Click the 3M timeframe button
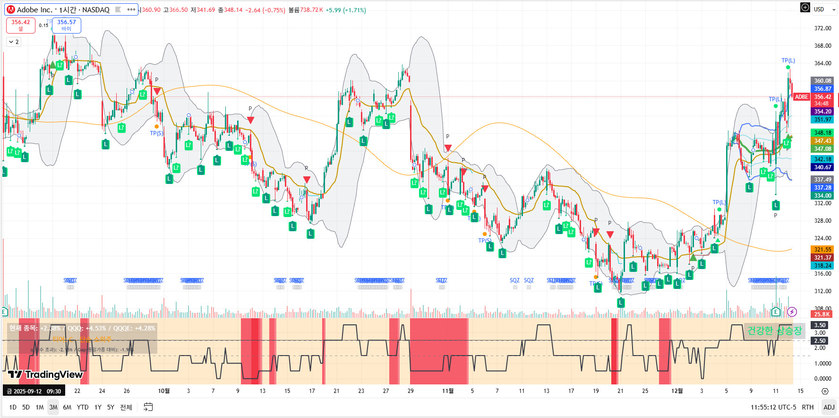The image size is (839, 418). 53,407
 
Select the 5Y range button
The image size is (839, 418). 111,407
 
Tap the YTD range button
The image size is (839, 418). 83,407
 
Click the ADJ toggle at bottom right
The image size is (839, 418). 829,407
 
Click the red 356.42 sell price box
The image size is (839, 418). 21,25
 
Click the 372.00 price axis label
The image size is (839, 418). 822,28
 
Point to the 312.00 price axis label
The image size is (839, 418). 822,291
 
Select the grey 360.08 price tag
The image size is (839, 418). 822,81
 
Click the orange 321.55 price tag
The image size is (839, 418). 822,250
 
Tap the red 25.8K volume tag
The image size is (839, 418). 822,314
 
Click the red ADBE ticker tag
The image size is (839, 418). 801,97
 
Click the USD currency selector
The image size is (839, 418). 822,9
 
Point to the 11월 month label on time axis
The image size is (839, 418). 448,391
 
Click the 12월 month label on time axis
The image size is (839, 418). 677,391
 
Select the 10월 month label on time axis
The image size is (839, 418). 163,391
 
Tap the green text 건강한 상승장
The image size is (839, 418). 774,331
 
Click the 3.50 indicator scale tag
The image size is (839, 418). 820,325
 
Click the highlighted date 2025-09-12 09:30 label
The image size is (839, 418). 34,392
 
